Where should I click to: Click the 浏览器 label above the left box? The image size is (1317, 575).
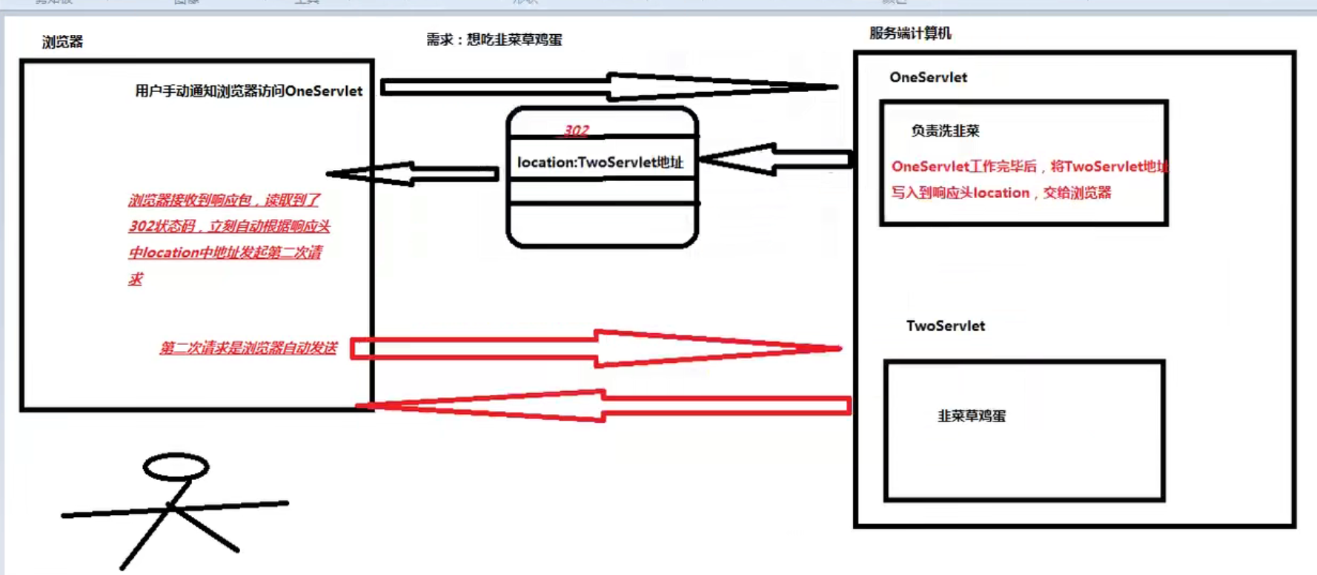(x=62, y=42)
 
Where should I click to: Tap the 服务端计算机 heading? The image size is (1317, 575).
(x=910, y=33)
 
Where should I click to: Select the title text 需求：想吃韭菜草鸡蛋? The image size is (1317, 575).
(x=494, y=40)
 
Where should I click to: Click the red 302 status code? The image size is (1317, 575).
(x=576, y=131)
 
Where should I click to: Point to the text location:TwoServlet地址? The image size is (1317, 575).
(x=600, y=162)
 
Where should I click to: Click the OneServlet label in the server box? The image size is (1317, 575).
(x=928, y=77)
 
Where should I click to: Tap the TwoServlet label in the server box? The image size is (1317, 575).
(x=945, y=326)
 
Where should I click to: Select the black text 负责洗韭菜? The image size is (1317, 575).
(x=945, y=131)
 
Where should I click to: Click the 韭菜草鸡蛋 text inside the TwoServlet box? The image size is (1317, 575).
(x=972, y=416)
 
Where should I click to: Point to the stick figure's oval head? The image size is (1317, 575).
(x=176, y=467)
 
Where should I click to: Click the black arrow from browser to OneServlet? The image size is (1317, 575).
(x=608, y=87)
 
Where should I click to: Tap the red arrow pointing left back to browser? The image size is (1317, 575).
(x=604, y=406)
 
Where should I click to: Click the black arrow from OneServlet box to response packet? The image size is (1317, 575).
(x=774, y=159)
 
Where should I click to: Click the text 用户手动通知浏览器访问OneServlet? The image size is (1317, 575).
(x=248, y=91)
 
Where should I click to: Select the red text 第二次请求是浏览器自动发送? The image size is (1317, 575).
(x=248, y=348)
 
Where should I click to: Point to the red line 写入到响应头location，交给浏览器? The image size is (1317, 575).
(x=1001, y=193)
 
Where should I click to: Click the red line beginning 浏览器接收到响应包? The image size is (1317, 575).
(x=224, y=200)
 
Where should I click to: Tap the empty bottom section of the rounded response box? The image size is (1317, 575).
(x=602, y=224)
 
